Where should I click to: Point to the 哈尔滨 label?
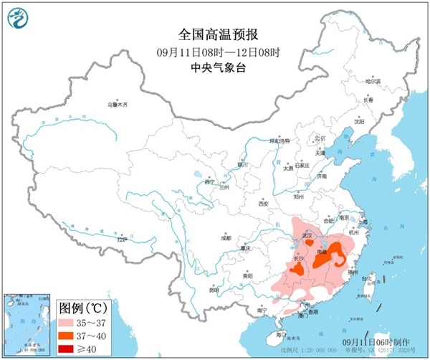click(x=373, y=82)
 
